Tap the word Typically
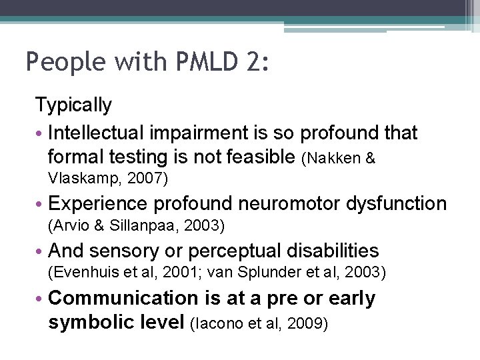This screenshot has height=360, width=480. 73,105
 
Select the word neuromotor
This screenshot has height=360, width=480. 285,203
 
